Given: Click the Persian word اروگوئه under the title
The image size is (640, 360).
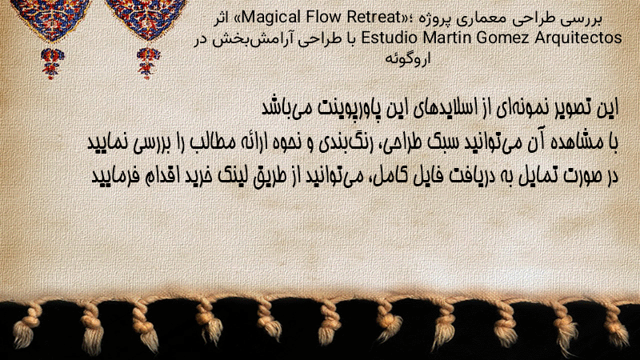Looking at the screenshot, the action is (x=408, y=58).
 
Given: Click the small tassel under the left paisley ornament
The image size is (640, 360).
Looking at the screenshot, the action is (x=51, y=63).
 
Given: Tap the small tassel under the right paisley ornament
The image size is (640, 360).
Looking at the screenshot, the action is (x=148, y=63).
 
